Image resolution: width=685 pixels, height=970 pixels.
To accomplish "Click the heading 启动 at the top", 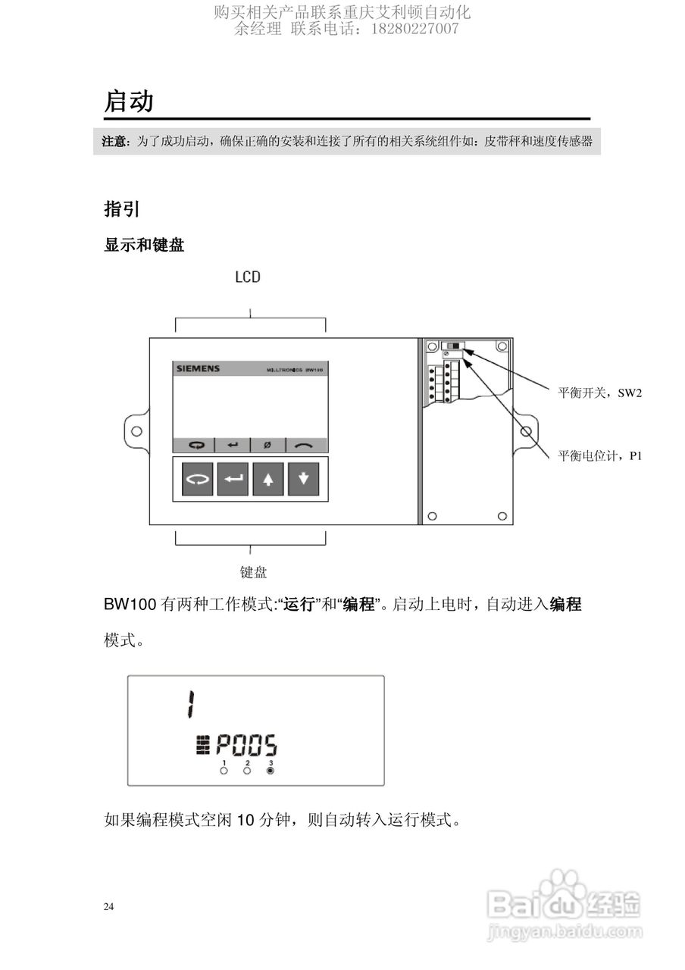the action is [x=129, y=101].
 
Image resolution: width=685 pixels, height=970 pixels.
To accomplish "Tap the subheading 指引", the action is [x=121, y=209].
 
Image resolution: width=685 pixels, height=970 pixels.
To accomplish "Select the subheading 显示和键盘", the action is [x=144, y=246].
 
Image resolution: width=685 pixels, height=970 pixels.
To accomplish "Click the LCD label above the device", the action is [x=248, y=277].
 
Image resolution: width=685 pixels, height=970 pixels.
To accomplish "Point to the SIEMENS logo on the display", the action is [x=198, y=369].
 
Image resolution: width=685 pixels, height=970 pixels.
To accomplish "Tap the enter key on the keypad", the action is [x=233, y=480].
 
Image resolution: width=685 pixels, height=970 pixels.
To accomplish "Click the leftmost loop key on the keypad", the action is [x=197, y=480].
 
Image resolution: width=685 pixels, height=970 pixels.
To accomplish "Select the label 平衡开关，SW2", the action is [x=599, y=393].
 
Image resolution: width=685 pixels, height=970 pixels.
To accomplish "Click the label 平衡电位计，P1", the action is [x=599, y=455].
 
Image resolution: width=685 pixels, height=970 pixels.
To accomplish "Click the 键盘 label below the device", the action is [x=253, y=572].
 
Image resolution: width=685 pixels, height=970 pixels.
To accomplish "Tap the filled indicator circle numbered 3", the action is [x=271, y=771].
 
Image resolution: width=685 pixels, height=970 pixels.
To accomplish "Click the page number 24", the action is [x=109, y=906].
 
